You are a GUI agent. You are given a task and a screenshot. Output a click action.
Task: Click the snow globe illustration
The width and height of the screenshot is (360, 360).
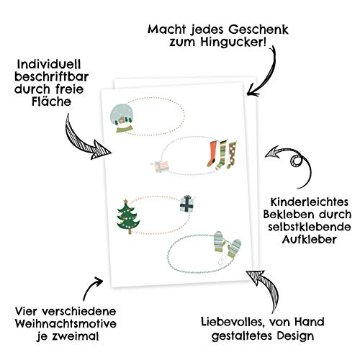(122, 118)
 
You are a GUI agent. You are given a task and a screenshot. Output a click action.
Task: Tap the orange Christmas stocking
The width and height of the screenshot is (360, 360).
(212, 153)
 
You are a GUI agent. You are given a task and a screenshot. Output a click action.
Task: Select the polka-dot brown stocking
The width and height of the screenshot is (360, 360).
(232, 155)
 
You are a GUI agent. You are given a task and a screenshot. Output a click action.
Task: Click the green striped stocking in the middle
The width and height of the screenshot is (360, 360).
(222, 155)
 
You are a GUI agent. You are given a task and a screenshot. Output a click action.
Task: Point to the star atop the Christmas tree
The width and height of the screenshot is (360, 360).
(125, 201)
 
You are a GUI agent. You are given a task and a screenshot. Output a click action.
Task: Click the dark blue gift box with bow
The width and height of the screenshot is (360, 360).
(188, 204)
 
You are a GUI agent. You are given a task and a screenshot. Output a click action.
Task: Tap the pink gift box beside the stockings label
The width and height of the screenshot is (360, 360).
(161, 167)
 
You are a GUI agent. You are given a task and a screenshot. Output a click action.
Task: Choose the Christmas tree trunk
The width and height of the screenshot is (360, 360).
(130, 231)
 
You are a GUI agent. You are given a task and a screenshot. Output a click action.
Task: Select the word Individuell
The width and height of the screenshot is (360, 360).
(49, 65)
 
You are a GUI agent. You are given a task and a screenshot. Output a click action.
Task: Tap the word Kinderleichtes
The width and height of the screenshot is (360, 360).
(310, 202)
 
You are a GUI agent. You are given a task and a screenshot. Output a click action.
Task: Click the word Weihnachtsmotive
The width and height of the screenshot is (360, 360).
(66, 324)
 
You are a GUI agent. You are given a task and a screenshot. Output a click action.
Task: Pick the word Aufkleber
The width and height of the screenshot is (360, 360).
(309, 239)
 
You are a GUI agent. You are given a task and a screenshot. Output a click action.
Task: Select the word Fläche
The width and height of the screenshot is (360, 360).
(52, 102)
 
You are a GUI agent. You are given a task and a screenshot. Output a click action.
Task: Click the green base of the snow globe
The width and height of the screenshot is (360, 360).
(125, 129)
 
